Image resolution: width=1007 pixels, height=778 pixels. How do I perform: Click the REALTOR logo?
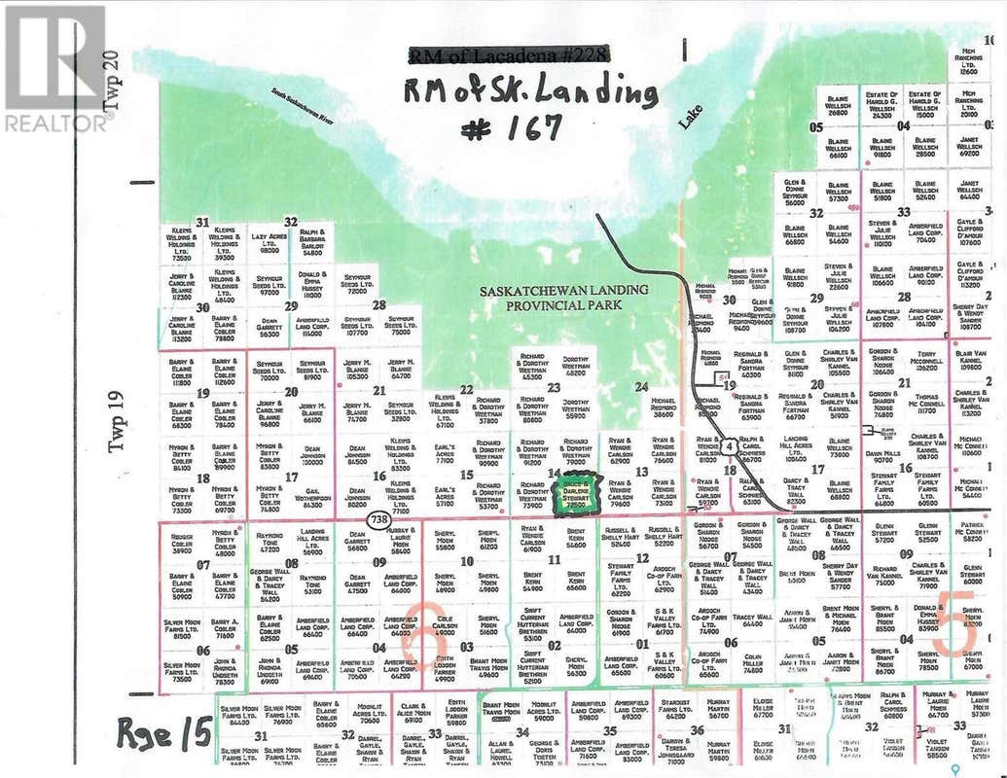coord(55,68)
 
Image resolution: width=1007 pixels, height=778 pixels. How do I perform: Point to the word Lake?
coord(690,118)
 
